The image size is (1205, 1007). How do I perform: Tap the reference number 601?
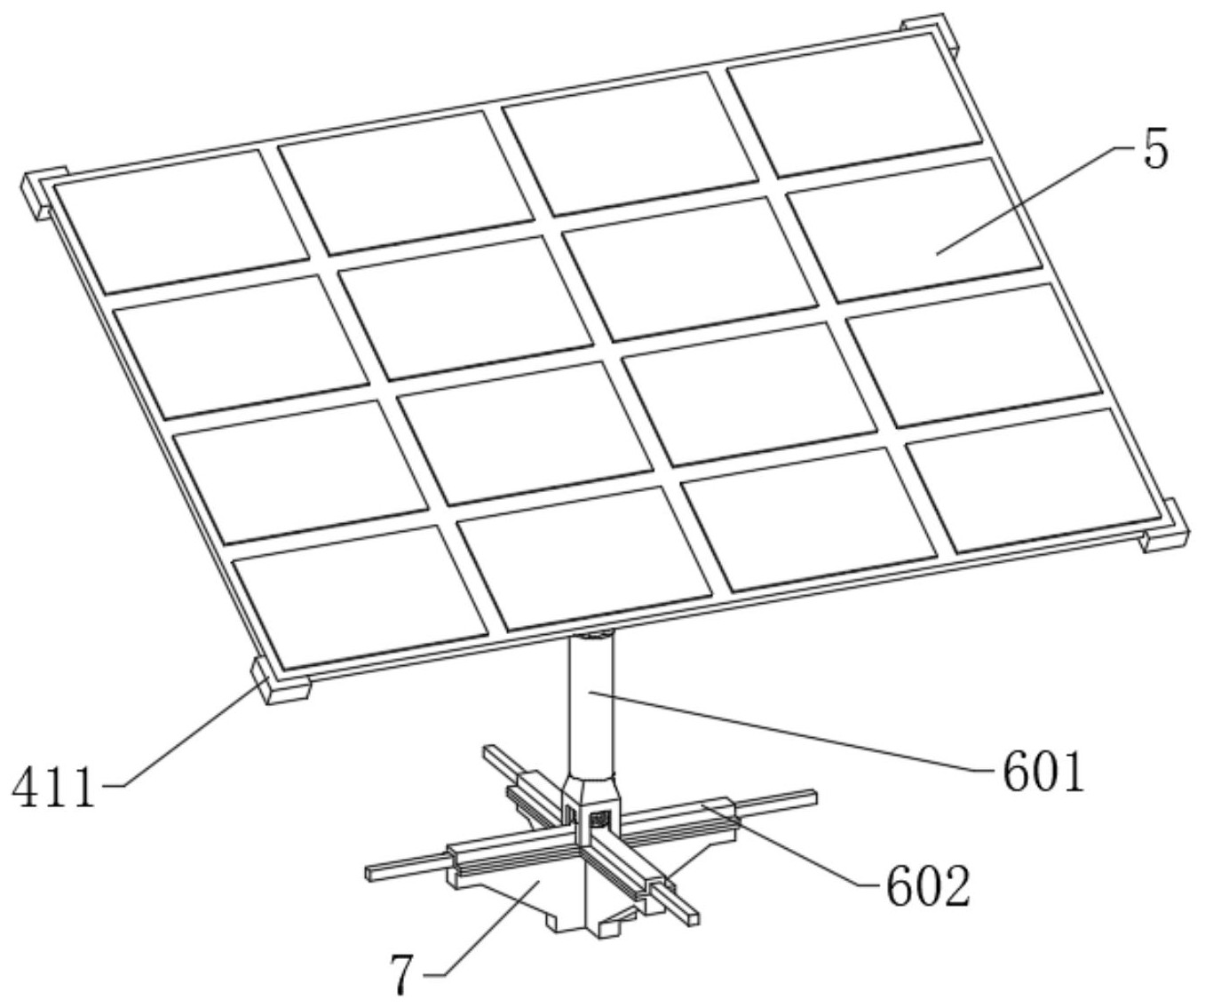point(1044,773)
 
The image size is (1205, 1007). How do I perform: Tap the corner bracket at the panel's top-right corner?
point(931,36)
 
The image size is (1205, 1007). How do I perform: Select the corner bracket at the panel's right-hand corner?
point(1165,527)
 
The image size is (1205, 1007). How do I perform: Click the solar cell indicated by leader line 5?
point(916,230)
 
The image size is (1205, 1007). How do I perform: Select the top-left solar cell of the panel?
point(181,222)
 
